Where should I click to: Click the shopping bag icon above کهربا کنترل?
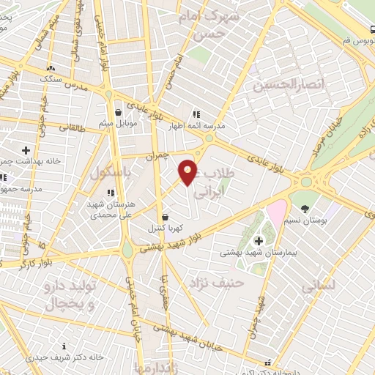[x=166, y=218]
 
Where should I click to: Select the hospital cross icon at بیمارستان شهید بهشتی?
[x=258, y=242]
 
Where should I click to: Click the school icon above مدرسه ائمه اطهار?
[x=196, y=114]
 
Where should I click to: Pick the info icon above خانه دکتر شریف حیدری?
[x=64, y=346]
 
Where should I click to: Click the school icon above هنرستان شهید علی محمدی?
[x=110, y=193]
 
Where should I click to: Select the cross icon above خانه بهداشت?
[x=26, y=149]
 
